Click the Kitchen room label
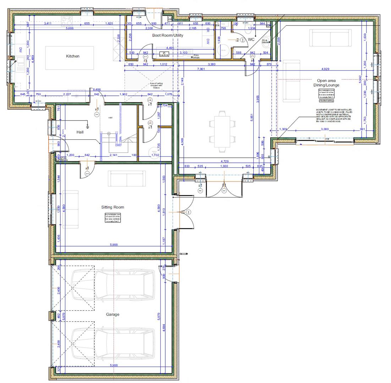pyautogui.click(x=73, y=56)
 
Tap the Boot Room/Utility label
pyautogui.click(x=167, y=35)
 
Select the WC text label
pyautogui.click(x=251, y=40)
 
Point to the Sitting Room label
pyautogui.click(x=112, y=207)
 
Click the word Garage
pyautogui.click(x=112, y=314)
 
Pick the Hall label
pyautogui.click(x=80, y=132)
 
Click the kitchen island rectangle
pyautogui.click(x=70, y=58)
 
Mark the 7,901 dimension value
pyautogui.click(x=200, y=69)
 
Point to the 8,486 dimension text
pyautogui.click(x=97, y=90)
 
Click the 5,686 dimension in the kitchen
pyautogui.click(x=67, y=28)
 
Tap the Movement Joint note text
pyautogui.click(x=334, y=116)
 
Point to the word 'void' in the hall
pyautogui.click(x=110, y=117)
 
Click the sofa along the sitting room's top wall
pyautogui.click(x=126, y=179)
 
